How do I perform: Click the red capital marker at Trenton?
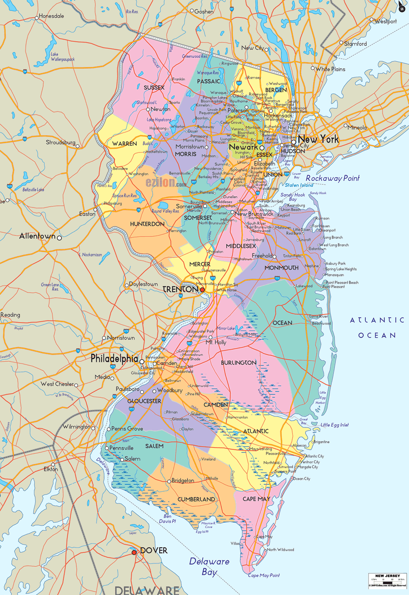202,289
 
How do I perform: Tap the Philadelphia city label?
114,359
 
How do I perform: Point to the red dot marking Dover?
134,552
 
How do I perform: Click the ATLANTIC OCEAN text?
377,328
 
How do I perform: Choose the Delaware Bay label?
209,566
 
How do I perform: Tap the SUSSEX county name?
154,87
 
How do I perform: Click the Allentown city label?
37,236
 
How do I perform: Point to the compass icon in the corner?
402,7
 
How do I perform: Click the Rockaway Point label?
333,178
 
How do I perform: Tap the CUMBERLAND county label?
196,499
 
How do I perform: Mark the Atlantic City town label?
314,456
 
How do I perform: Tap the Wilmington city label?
76,427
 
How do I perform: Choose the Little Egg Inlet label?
335,425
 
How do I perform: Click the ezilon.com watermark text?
166,183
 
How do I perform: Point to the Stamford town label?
355,44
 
